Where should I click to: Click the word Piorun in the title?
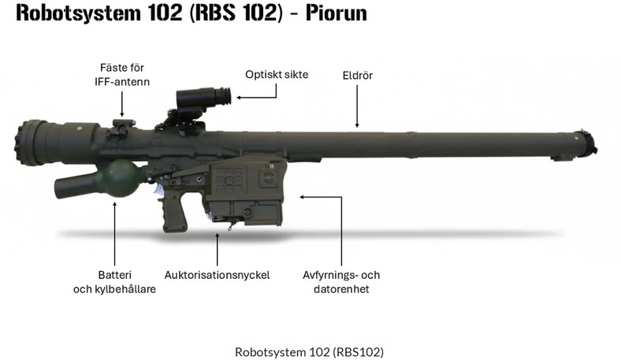[x=337, y=13]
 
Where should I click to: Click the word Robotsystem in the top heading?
[x=78, y=13]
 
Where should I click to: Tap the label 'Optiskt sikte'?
[x=277, y=75]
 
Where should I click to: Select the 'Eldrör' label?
[x=357, y=76]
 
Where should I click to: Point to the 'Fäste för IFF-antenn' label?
[x=122, y=75]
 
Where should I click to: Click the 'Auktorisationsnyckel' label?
[x=217, y=275]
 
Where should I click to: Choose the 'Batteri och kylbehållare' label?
[x=114, y=282]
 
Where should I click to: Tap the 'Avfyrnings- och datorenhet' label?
[x=341, y=282]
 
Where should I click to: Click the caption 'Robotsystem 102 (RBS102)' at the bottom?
[x=309, y=351]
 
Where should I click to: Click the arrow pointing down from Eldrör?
[x=357, y=106]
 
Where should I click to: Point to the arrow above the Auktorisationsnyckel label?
[x=217, y=250]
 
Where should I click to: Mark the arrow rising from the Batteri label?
[x=115, y=234]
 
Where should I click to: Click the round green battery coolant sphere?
[x=121, y=179]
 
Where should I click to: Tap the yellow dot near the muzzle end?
[x=577, y=138]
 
